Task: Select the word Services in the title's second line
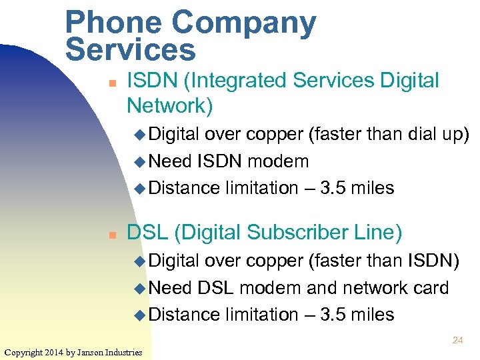pos(131,49)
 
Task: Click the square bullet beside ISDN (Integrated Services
pos(113,83)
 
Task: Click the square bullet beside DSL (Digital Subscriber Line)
pos(113,235)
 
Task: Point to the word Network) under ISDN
pos(169,105)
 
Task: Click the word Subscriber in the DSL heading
pos(300,233)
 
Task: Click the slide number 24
pos(457,340)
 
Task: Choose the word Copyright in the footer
pos(23,351)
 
